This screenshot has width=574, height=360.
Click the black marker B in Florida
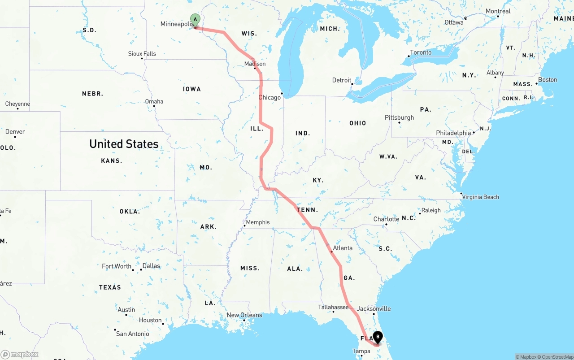click(378, 336)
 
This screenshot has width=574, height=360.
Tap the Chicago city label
click(269, 97)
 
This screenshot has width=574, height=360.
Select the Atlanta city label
click(343, 248)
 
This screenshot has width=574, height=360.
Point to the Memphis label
click(258, 222)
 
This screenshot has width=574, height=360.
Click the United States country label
click(124, 144)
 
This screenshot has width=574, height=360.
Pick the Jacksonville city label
click(374, 308)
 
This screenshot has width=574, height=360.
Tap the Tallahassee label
click(333, 307)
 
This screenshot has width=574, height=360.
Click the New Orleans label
click(244, 315)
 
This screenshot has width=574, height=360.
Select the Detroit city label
click(342, 80)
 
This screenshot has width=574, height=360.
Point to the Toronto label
click(421, 52)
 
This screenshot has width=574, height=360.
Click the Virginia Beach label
click(480, 197)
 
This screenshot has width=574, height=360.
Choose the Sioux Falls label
click(142, 54)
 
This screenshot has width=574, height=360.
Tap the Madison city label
click(255, 64)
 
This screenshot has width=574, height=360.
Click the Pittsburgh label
click(399, 117)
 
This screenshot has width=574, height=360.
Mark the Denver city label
click(15, 131)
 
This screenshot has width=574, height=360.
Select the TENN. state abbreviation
click(307, 210)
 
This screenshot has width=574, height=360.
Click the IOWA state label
click(192, 89)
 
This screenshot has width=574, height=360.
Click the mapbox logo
click(20, 354)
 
